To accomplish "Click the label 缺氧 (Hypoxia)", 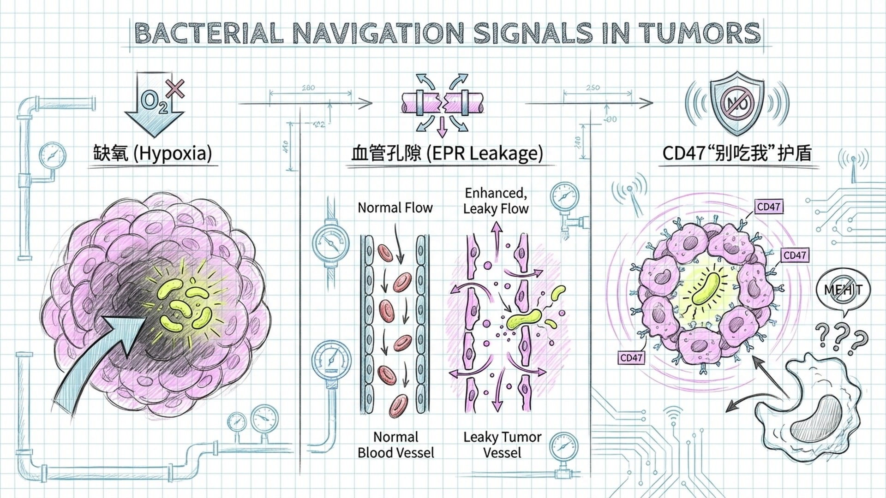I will click(x=153, y=153).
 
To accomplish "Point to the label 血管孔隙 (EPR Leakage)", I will click(x=447, y=153).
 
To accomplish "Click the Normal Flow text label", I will click(x=395, y=208).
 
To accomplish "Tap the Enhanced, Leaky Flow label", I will click(x=496, y=201).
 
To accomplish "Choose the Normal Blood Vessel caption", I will click(x=395, y=445).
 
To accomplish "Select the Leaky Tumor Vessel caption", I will click(x=502, y=445).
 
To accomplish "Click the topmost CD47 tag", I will click(x=768, y=207).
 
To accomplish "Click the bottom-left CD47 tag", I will click(x=631, y=357).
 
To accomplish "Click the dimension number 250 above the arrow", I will click(x=593, y=87).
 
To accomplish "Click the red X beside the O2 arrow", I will click(x=175, y=89).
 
